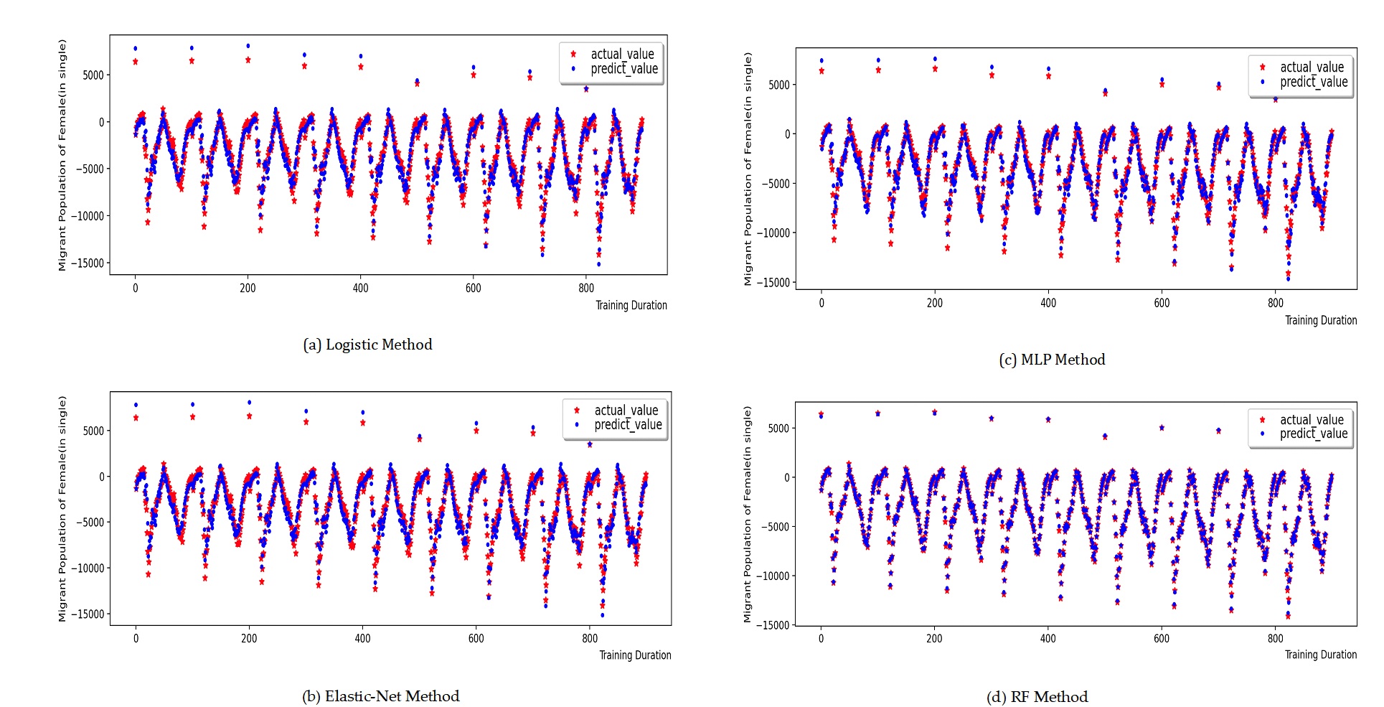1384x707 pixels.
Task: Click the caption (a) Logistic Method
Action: (x=367, y=345)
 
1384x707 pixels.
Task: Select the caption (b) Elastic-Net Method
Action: (x=380, y=696)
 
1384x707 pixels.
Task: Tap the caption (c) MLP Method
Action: (x=1052, y=360)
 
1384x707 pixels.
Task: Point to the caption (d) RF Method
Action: (x=1037, y=697)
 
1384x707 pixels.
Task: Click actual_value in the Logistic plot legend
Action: (x=621, y=54)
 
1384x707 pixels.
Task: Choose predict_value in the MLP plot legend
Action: (x=1313, y=82)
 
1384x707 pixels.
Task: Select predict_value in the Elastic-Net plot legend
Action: (x=627, y=425)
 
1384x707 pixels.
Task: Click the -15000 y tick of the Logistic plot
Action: (x=90, y=263)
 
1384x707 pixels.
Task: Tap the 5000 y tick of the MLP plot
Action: (x=778, y=85)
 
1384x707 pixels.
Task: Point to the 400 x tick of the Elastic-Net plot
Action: (x=362, y=638)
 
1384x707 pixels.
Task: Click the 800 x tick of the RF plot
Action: (x=1275, y=638)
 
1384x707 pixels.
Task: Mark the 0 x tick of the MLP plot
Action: (x=822, y=303)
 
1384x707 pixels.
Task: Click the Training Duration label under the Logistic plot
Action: (x=631, y=305)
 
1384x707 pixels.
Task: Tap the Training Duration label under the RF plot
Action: (x=1320, y=655)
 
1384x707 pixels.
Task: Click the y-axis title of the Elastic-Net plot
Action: (x=62, y=508)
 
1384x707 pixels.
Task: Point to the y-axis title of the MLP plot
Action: (x=748, y=169)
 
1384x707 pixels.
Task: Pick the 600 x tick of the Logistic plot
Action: (x=473, y=288)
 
